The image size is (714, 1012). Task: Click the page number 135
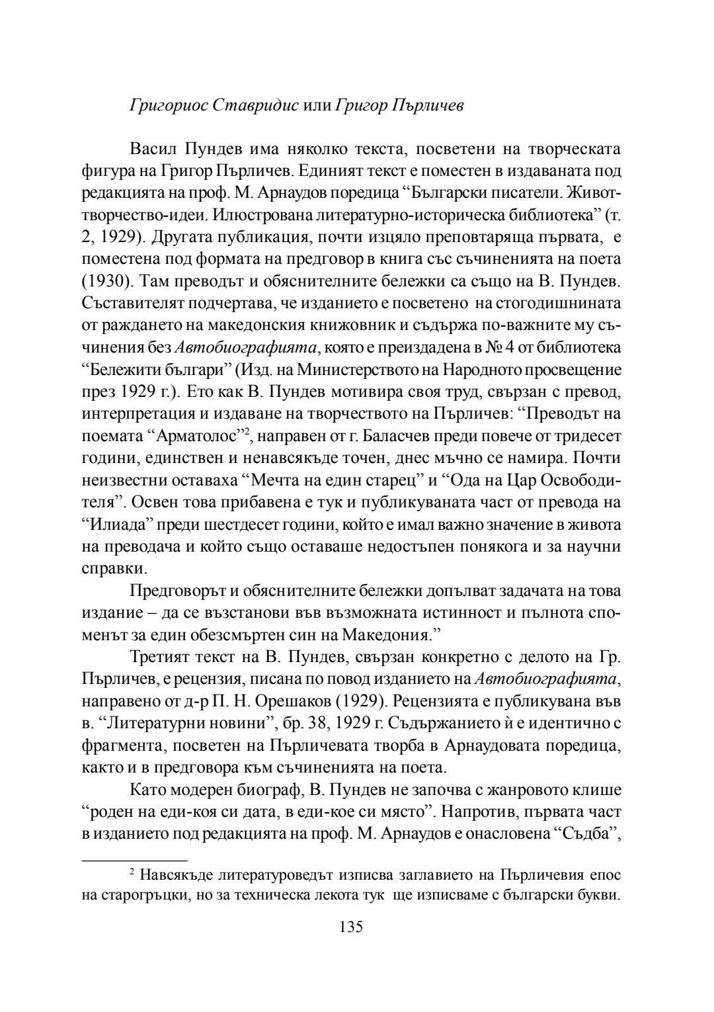point(351,926)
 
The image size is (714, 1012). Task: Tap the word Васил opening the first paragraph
point(153,149)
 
